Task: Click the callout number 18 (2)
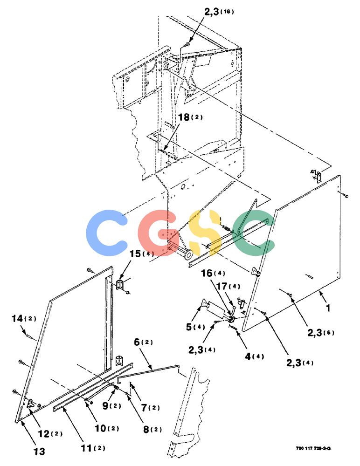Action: (190, 117)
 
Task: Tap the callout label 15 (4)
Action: (142, 254)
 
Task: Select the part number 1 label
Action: (328, 308)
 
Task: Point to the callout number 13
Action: (39, 452)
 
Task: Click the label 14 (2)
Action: (24, 319)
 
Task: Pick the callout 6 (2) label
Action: (144, 342)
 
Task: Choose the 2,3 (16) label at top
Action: (219, 12)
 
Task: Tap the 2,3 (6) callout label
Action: (321, 333)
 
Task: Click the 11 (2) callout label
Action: (93, 448)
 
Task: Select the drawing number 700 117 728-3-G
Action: (313, 448)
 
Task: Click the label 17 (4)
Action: (228, 287)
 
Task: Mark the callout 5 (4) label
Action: (195, 327)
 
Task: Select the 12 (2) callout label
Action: (50, 433)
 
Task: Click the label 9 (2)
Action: (111, 406)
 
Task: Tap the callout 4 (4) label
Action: (254, 356)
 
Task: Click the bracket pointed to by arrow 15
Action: (121, 285)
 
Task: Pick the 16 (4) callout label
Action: (213, 273)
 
